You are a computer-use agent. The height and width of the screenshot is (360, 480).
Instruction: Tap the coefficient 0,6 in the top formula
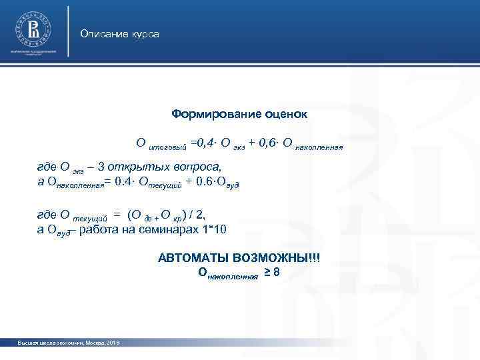275,141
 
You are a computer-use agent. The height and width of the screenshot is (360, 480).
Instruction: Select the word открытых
134,166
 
